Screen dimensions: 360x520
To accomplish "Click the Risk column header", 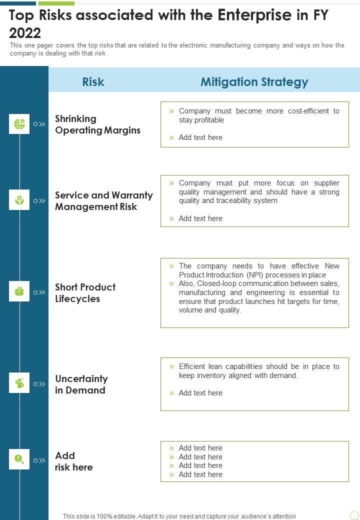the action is (93, 82).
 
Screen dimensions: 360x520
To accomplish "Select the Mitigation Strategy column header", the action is (254, 82).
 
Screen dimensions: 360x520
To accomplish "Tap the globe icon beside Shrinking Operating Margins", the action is (19, 123).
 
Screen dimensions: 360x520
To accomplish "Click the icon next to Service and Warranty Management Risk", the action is (19, 200).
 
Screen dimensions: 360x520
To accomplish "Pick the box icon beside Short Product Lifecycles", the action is (19, 291).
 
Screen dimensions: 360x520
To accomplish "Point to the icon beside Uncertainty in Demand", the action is (19, 383).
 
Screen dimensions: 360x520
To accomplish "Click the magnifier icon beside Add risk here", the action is (19, 459).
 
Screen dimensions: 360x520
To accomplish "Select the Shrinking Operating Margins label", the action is (97, 124).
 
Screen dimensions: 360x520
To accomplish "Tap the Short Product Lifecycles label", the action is (85, 293).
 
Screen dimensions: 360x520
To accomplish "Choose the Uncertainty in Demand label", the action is (81, 384).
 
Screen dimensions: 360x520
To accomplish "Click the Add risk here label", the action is (73, 461).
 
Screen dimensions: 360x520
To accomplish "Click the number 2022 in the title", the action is (25, 33).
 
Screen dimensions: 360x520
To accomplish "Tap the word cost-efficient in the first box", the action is (309, 111).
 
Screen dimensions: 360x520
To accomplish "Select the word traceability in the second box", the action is (229, 200).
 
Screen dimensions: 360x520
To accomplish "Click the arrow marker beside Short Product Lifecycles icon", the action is (39, 292).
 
